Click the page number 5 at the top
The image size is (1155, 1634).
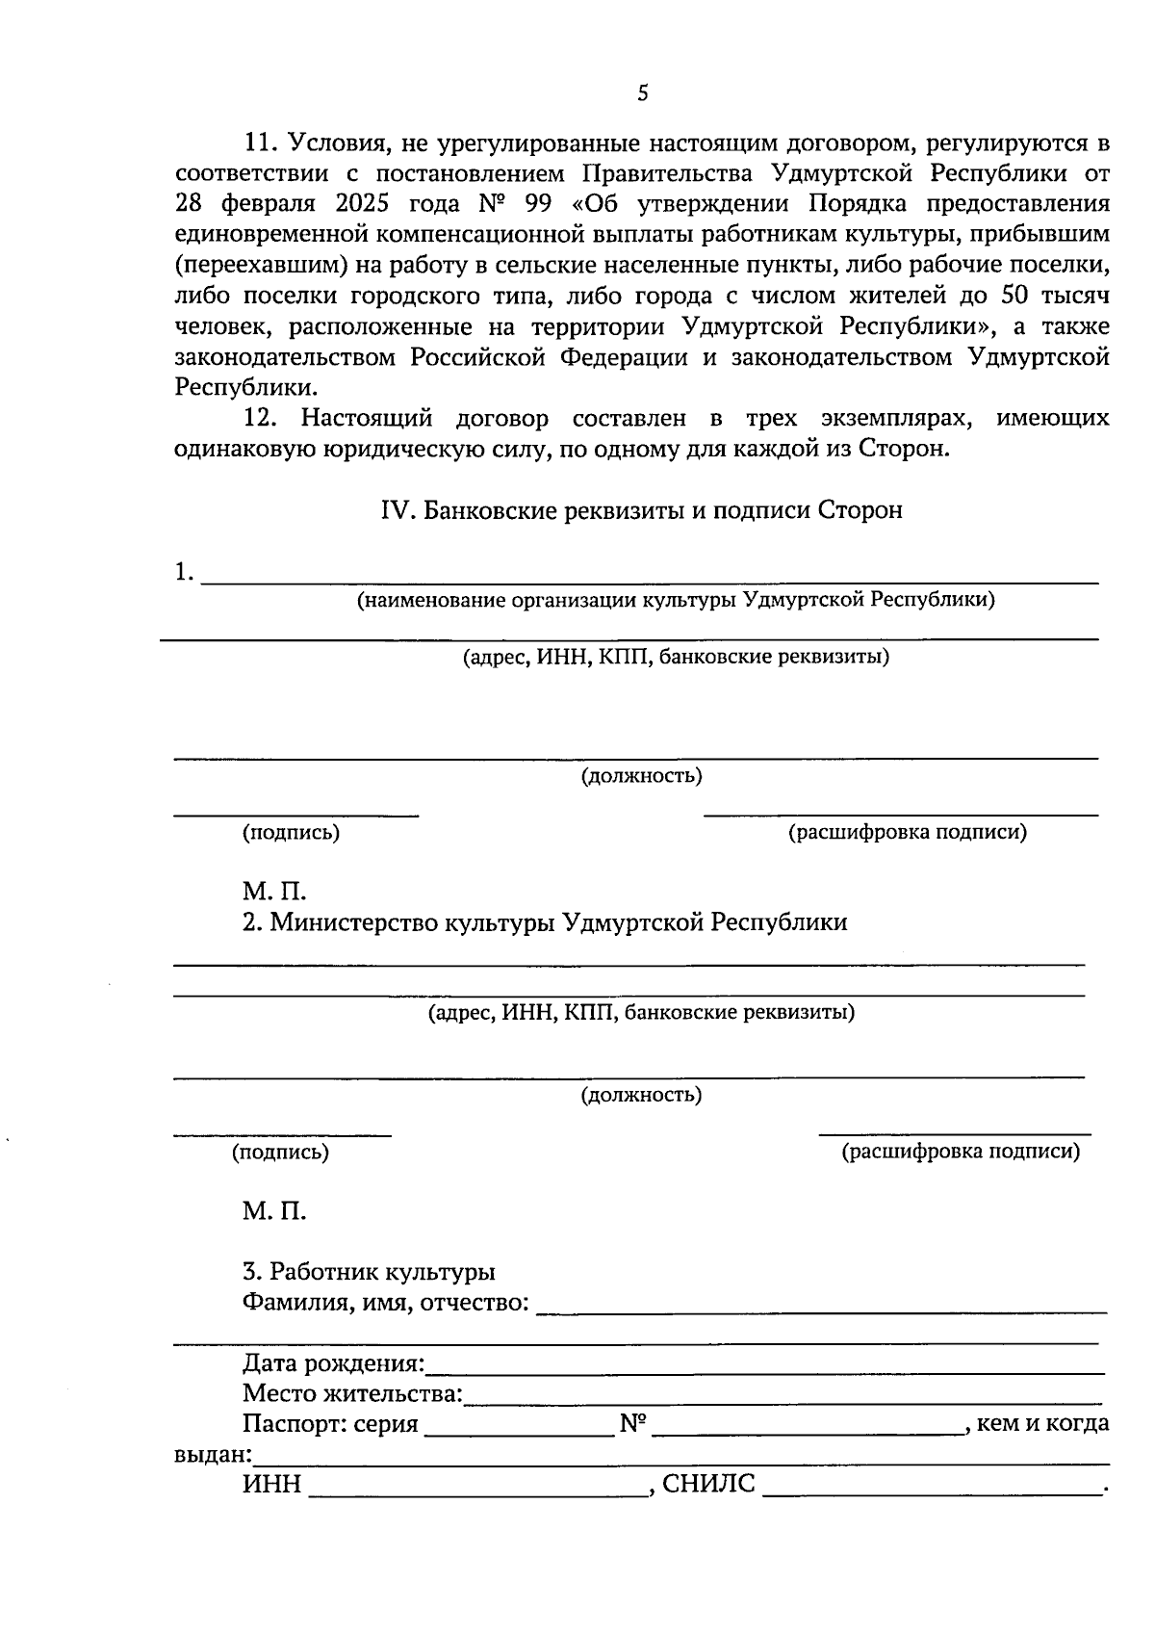click(643, 93)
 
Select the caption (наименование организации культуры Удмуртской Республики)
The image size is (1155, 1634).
click(676, 600)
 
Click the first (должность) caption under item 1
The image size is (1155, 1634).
click(641, 775)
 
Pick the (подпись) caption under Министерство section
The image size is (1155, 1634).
click(280, 1152)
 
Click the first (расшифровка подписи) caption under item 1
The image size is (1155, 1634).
click(907, 832)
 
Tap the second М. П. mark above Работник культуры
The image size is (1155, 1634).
click(274, 1210)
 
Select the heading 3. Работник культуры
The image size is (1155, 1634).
click(369, 1272)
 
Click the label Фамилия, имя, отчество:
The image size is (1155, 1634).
click(385, 1303)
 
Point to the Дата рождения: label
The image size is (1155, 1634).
click(333, 1363)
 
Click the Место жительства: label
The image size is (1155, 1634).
click(352, 1393)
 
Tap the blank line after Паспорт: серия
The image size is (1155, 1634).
click(519, 1427)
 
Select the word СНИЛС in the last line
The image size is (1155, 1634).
click(709, 1484)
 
